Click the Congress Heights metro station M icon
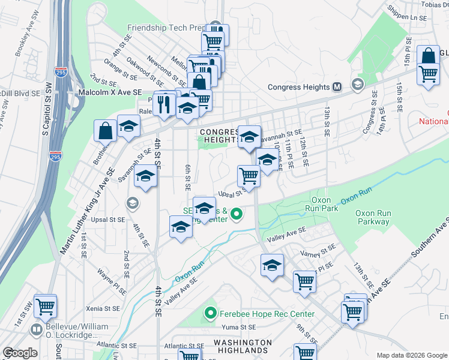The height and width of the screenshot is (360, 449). tap(337, 87)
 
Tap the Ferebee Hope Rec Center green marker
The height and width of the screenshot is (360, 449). tap(210, 313)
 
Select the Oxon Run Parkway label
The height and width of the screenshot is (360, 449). tap(372, 217)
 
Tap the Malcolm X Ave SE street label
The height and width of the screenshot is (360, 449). tap(110, 92)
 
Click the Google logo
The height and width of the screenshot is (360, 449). tap(20, 353)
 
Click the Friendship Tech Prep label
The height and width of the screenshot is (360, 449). tap(166, 28)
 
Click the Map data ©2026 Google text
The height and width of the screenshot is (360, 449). tap(411, 355)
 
